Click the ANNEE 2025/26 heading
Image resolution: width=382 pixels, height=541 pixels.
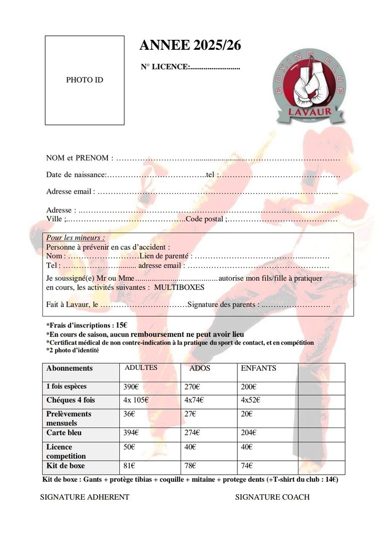[191, 45]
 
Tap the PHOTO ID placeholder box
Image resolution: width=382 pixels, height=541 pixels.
[85, 80]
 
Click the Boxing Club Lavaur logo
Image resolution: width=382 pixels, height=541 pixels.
[308, 88]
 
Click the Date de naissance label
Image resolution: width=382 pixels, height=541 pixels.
[76, 175]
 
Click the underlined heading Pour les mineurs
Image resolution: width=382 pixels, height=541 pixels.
[76, 238]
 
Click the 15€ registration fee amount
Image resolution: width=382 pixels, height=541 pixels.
[122, 325]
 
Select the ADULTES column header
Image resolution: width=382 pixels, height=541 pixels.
[141, 368]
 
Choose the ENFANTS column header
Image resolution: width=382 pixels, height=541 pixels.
[258, 368]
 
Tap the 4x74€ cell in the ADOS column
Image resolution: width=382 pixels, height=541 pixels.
[194, 400]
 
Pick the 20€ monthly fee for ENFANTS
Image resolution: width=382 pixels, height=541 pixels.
[247, 414]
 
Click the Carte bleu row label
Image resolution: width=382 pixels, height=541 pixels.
[64, 433]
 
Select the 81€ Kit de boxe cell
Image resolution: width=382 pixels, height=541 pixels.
[129, 466]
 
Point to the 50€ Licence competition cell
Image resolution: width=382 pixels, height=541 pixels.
[129, 447]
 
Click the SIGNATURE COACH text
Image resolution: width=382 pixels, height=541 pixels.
[272, 497]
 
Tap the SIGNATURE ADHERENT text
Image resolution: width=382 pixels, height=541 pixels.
[85, 497]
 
